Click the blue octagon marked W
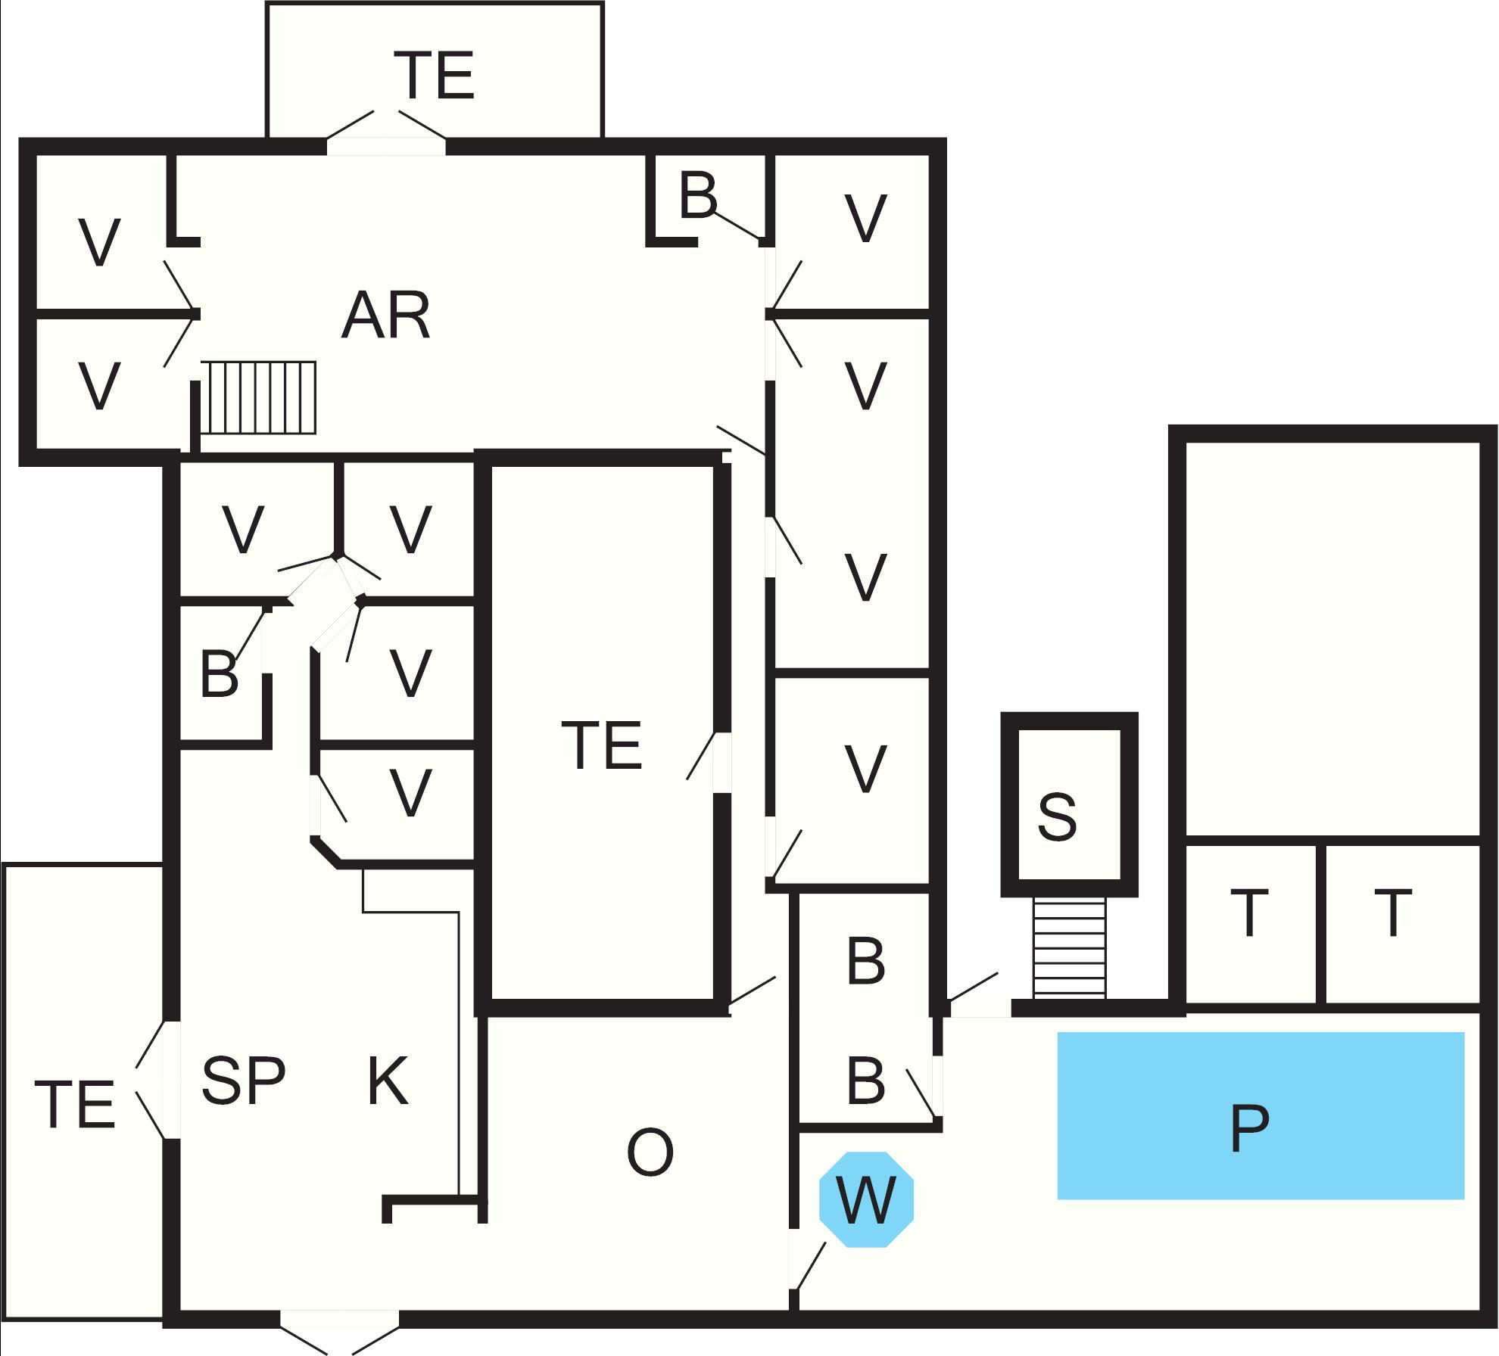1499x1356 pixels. [866, 1199]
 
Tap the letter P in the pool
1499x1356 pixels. [1249, 1128]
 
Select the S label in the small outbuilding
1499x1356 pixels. [1057, 816]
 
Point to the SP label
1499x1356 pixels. [243, 1080]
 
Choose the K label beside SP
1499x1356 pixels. [388, 1081]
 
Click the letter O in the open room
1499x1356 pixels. [650, 1152]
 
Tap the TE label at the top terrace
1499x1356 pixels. [435, 75]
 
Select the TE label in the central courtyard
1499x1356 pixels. [602, 745]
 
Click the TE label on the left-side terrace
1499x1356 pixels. [75, 1104]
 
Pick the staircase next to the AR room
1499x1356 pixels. [258, 397]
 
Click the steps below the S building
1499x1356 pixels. [1069, 946]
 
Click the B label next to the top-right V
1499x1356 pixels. [698, 195]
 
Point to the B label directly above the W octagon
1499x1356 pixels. [866, 1080]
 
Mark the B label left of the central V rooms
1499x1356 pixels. [219, 673]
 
